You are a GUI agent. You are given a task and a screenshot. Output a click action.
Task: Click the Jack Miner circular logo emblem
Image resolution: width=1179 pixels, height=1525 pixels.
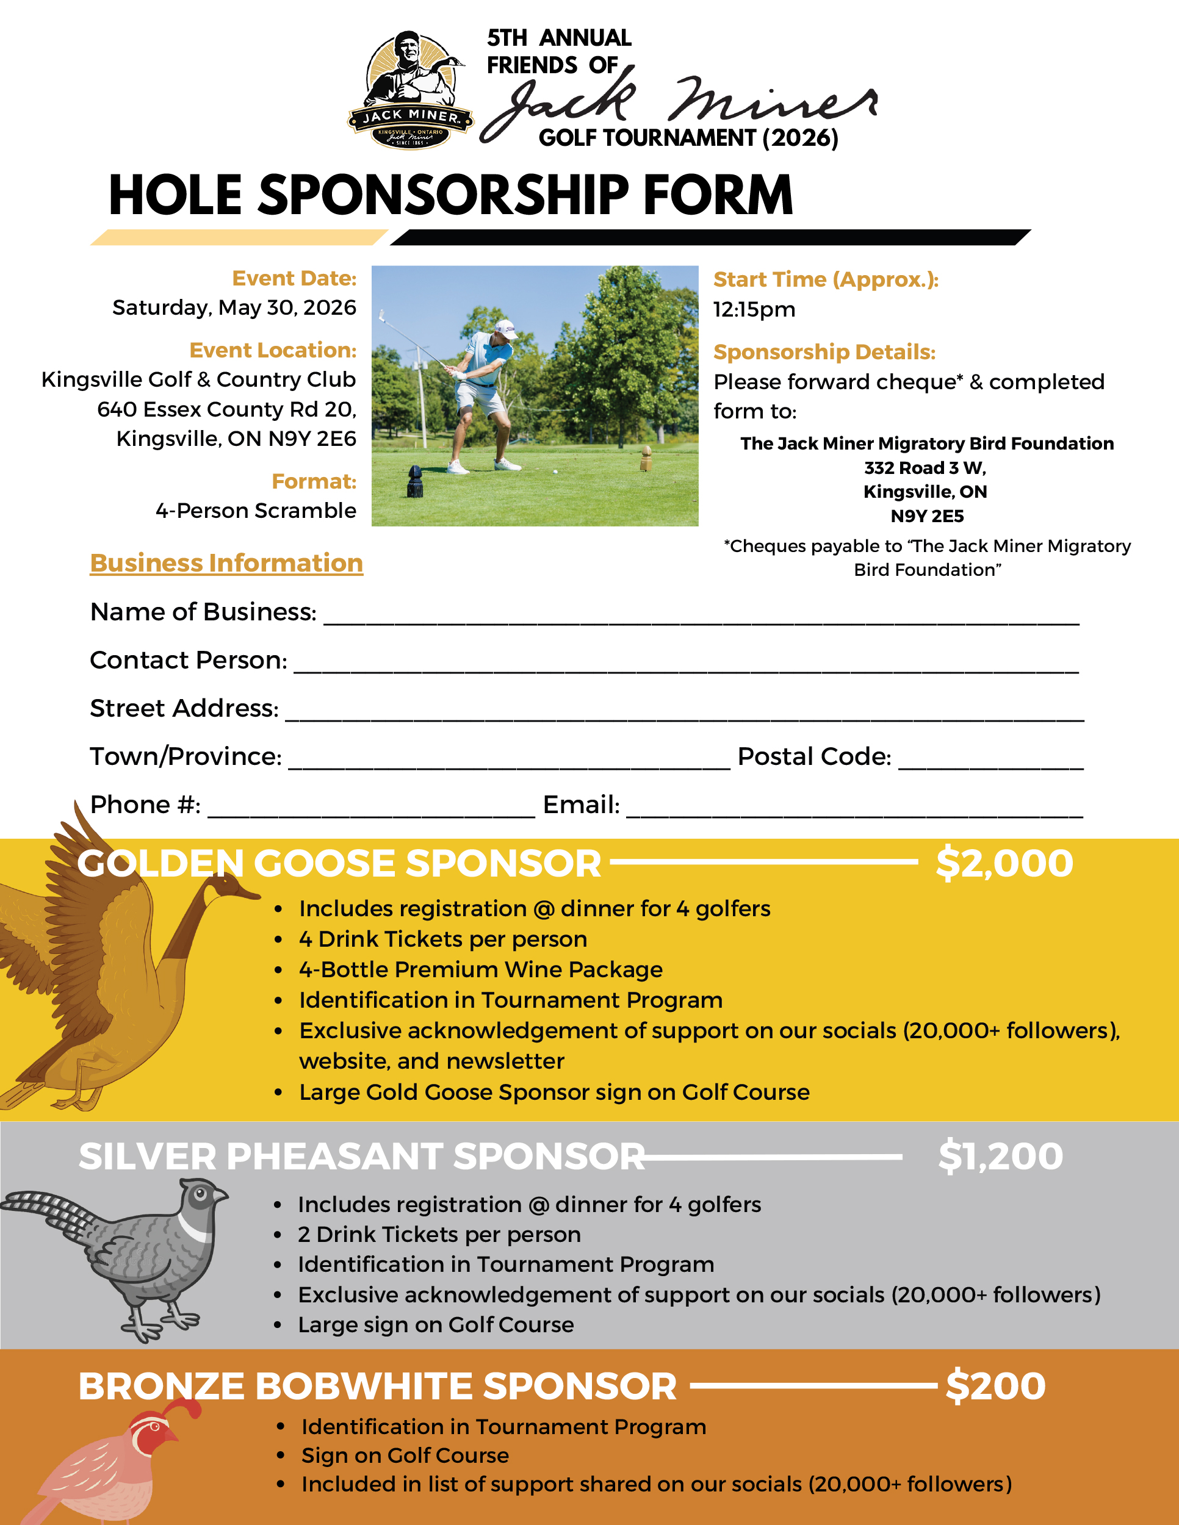[411, 90]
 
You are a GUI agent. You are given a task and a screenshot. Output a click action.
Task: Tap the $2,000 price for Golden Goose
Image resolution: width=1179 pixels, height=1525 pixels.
[1004, 863]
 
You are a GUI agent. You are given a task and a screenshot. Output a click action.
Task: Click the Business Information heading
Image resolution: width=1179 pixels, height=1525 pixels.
[226, 563]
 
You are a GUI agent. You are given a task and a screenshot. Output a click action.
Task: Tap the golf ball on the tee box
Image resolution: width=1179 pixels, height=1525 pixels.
[555, 472]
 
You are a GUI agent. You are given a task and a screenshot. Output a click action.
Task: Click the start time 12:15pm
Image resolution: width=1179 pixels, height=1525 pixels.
[754, 309]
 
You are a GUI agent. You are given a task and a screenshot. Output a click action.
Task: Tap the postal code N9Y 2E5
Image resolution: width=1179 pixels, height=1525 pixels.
[927, 516]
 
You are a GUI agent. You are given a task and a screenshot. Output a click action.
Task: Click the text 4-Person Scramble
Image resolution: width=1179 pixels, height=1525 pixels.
[256, 511]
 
